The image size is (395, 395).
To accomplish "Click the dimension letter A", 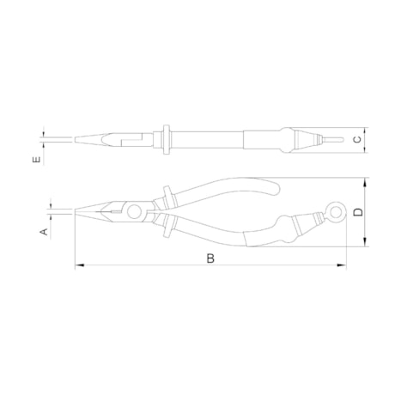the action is (x=45, y=232).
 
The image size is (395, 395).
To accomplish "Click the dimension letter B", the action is (x=210, y=258).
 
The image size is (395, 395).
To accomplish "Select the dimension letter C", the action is (x=357, y=140).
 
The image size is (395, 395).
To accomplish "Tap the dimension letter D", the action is (x=358, y=212).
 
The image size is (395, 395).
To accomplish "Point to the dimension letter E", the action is (x=37, y=160).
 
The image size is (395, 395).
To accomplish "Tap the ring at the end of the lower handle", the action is (x=337, y=212).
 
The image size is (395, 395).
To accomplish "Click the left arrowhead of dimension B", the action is (x=79, y=265).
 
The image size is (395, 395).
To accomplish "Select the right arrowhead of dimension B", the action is (x=342, y=265).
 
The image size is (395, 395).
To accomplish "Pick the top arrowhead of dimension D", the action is (x=365, y=182).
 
